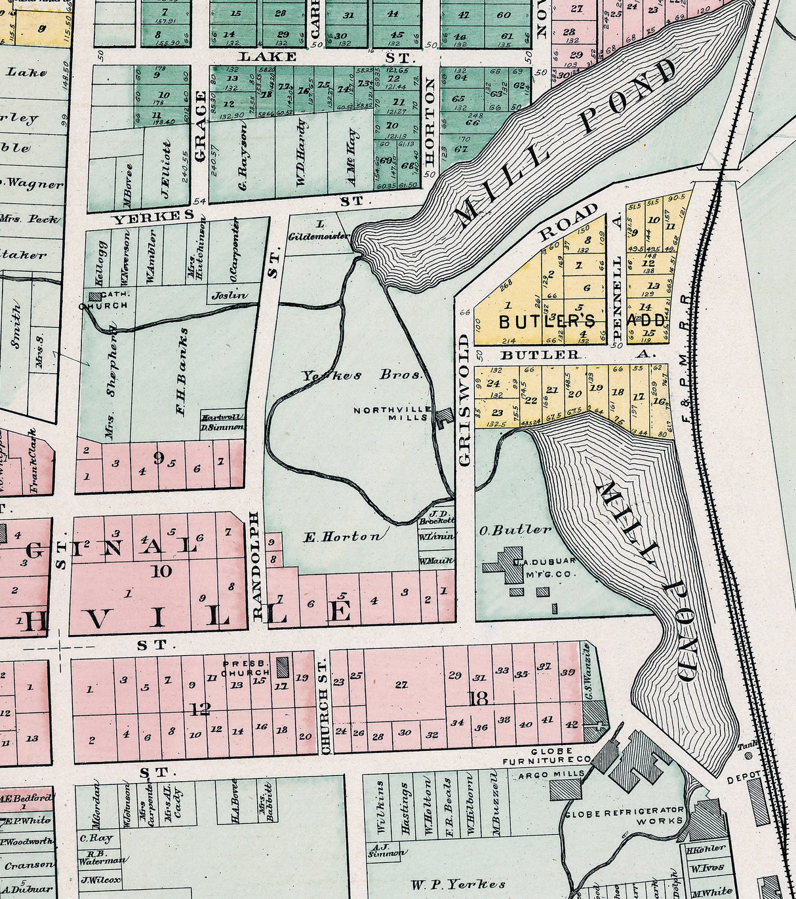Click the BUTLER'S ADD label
pyautogui.click(x=582, y=321)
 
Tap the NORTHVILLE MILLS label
pyautogui.click(x=391, y=413)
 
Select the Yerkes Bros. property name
pyautogui.click(x=361, y=375)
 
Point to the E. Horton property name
pyautogui.click(x=341, y=537)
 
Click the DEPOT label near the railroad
pyautogui.click(x=744, y=781)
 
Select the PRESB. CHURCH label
pyautogui.click(x=246, y=668)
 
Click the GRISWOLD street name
pyautogui.click(x=465, y=400)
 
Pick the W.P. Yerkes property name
pyautogui.click(x=458, y=884)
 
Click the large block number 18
pyautogui.click(x=479, y=698)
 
